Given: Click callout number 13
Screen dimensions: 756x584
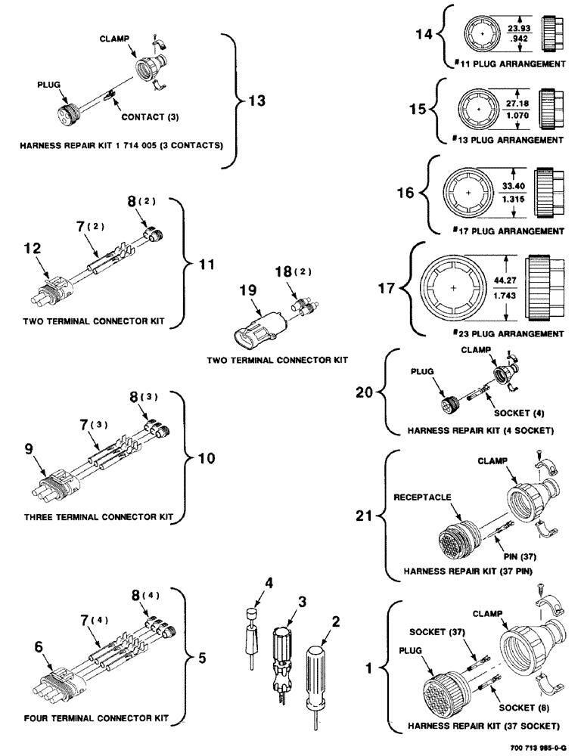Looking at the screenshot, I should coord(257,101).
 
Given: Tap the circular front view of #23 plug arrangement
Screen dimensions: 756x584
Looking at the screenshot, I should coord(452,289).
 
